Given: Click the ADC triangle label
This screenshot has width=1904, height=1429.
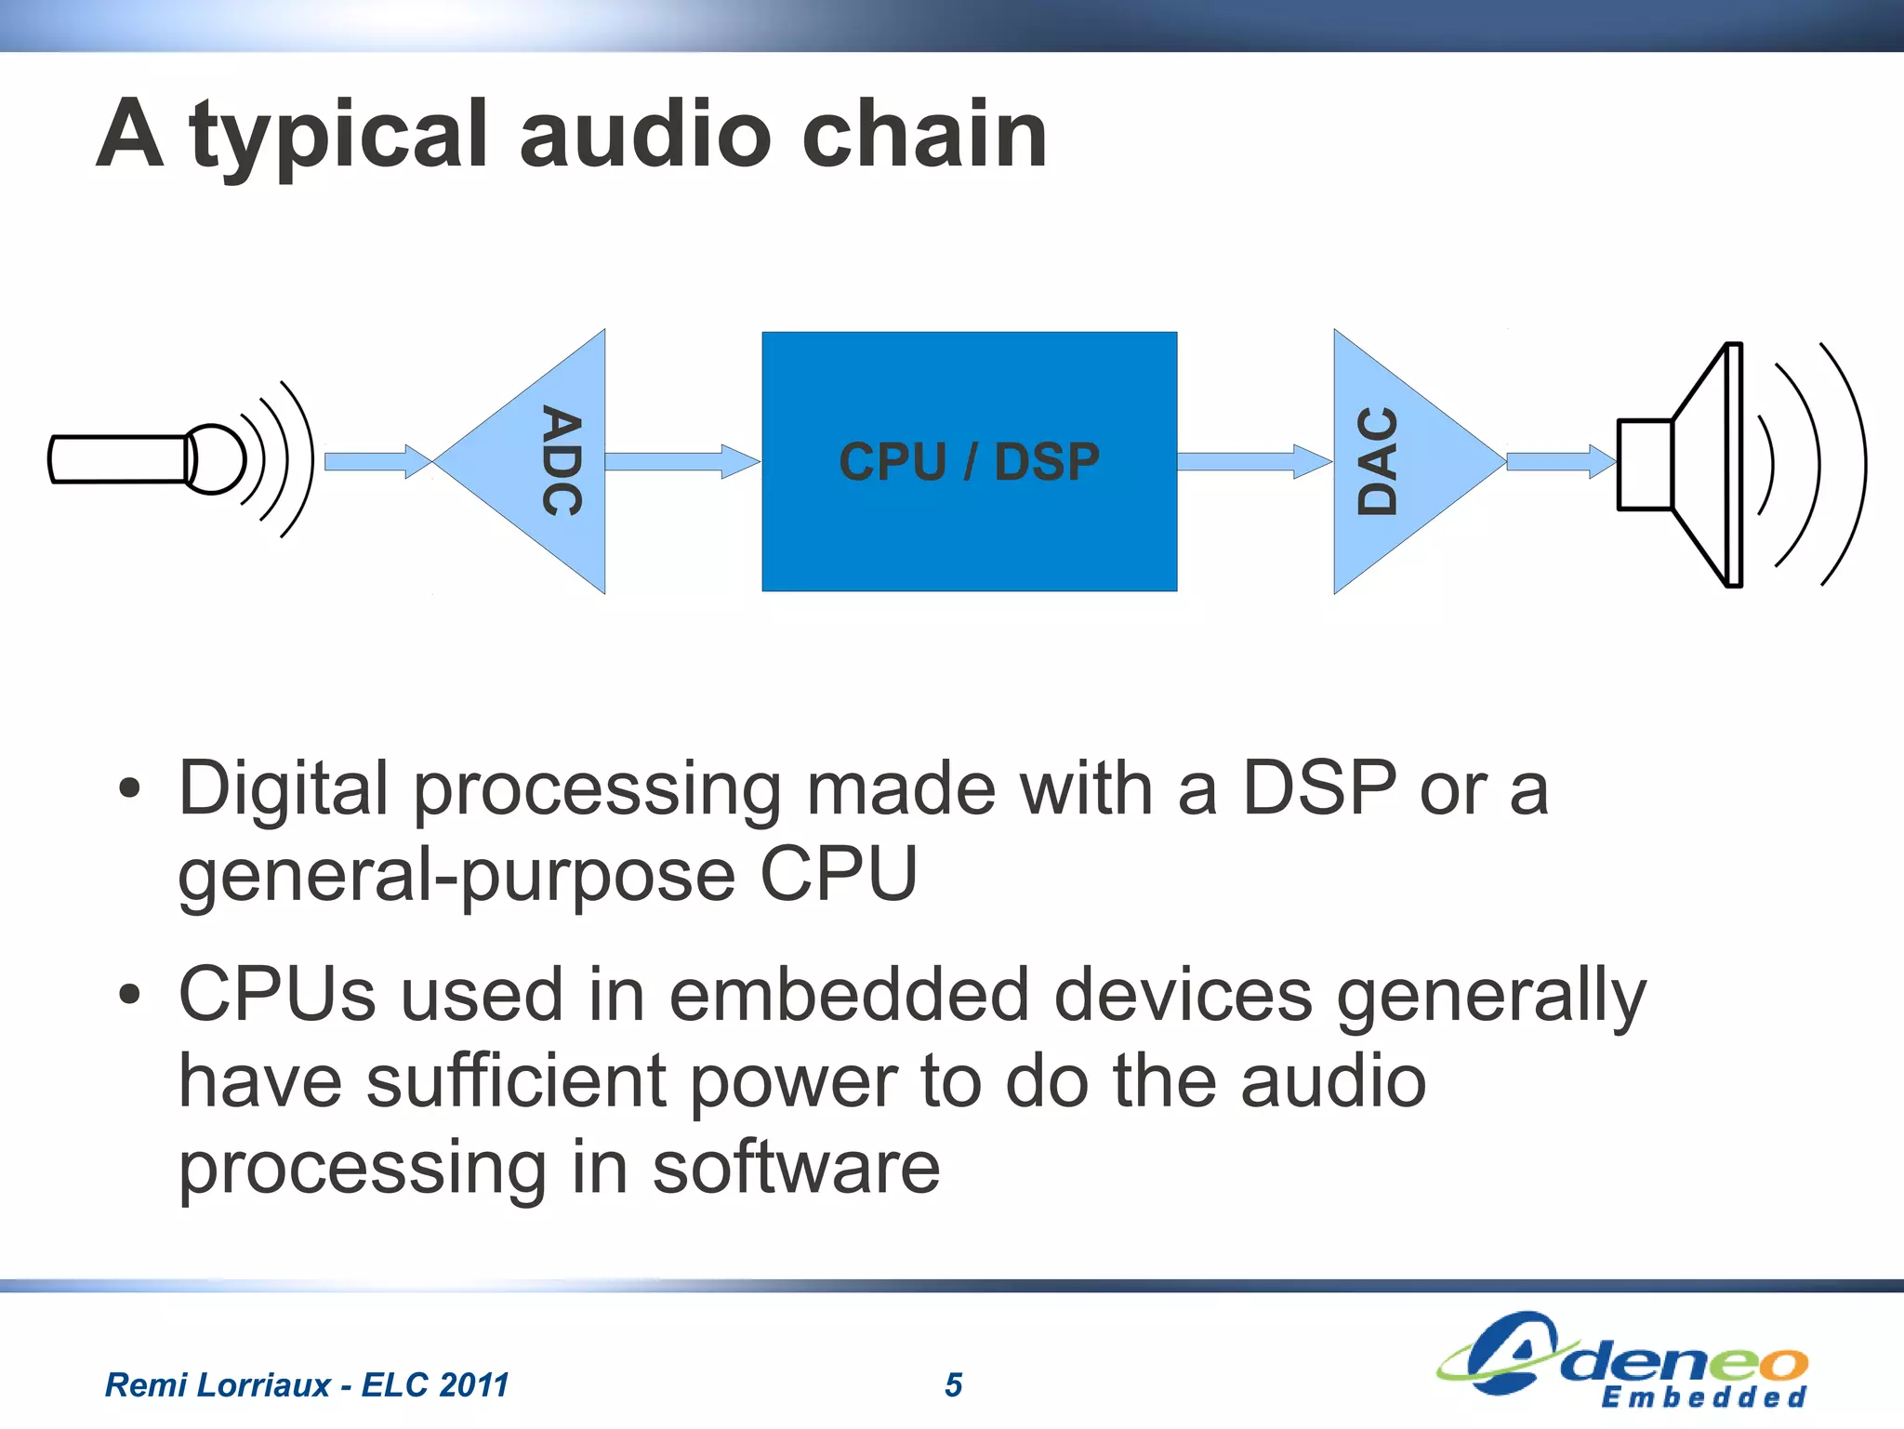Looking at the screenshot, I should [562, 461].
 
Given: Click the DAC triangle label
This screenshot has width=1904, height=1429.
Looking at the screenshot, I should [1378, 461].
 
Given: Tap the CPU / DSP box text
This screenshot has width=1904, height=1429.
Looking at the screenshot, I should [969, 461].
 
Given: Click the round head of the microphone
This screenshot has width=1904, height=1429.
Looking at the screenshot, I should [216, 458].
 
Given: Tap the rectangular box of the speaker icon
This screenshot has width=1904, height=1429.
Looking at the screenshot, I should [1645, 464].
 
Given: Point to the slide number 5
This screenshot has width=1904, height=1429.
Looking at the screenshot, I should [953, 1384].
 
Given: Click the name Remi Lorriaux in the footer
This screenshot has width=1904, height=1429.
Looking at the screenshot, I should [218, 1384].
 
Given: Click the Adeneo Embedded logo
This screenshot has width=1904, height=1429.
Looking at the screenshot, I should [1623, 1360].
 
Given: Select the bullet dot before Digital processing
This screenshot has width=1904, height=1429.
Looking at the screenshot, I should [130, 789].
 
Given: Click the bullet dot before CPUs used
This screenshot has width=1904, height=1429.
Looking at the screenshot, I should [130, 994].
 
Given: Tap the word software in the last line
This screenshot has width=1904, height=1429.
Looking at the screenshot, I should [796, 1168].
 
